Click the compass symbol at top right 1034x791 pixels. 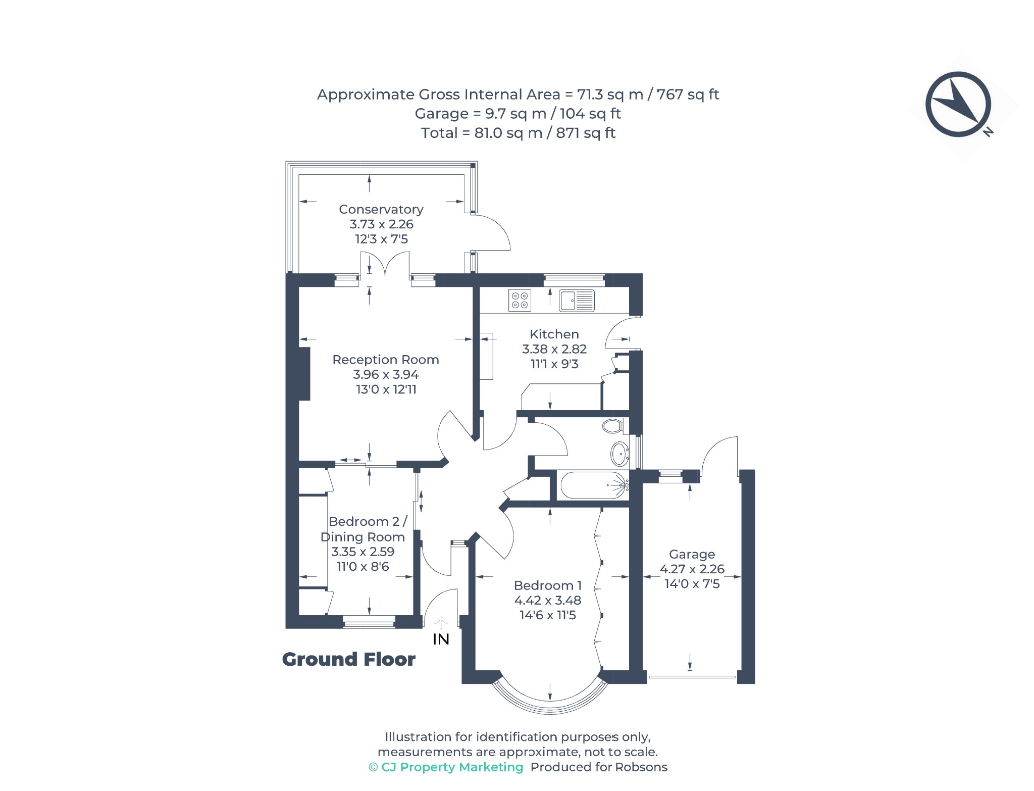click(958, 105)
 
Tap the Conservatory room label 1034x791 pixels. click(381, 209)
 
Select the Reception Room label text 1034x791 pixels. click(386, 360)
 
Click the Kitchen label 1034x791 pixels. click(554, 334)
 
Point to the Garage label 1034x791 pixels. click(692, 554)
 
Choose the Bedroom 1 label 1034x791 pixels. click(548, 585)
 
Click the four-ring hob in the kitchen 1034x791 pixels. click(520, 300)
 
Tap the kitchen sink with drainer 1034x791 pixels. click(577, 301)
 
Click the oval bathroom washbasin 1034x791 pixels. click(620, 454)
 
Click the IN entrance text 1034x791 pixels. click(441, 639)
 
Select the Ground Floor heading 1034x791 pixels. click(348, 659)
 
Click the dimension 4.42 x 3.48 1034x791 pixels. click(548, 600)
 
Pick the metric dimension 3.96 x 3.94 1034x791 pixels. click(386, 374)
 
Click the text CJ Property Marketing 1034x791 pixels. click(452, 767)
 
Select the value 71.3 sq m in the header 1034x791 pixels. click(610, 94)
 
